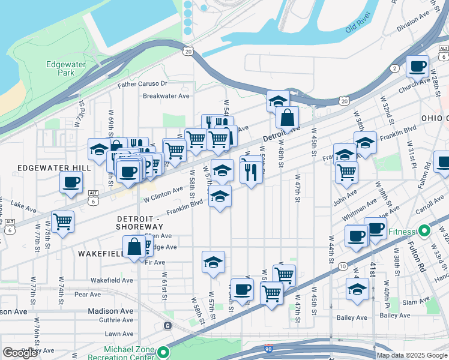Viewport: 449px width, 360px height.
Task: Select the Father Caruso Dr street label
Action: click(142, 85)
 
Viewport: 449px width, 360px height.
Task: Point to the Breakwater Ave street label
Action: click(166, 96)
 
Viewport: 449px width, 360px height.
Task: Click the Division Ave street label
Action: click(417, 20)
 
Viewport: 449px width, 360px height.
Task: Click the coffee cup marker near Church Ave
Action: click(417, 67)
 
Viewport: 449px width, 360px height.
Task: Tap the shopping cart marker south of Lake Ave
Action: click(62, 222)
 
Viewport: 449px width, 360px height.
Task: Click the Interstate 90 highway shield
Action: click(268, 348)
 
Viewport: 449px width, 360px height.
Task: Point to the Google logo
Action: click(20, 353)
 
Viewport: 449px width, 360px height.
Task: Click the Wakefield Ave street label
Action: click(112, 280)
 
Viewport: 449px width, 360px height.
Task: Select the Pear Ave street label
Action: click(88, 295)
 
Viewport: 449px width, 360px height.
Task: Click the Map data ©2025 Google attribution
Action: click(411, 355)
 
